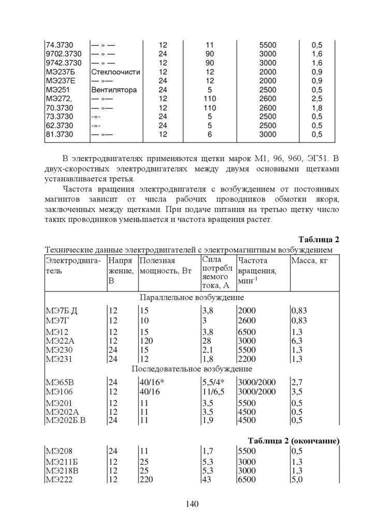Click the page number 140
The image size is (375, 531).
tap(192, 504)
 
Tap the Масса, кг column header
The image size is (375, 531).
tap(310, 260)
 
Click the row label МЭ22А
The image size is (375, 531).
tap(60, 341)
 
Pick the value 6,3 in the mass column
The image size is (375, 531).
tap(297, 341)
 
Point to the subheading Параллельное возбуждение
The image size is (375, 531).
tap(192, 298)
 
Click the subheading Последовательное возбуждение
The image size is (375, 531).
tap(192, 369)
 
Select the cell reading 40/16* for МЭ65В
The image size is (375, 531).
tap(152, 382)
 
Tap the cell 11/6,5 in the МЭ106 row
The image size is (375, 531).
tap(213, 392)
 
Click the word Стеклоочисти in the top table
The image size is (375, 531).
tap(116, 72)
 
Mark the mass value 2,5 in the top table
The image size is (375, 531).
tap(317, 99)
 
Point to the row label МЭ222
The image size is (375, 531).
tap(60, 480)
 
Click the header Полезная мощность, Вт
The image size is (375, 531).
tap(165, 265)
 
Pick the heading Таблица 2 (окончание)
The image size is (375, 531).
tap(293, 441)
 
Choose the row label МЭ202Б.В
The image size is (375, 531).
tap(66, 421)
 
